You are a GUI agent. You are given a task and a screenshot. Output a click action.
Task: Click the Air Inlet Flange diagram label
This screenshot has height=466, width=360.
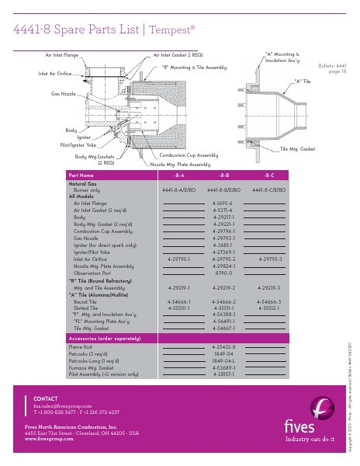pyautogui.click(x=61, y=55)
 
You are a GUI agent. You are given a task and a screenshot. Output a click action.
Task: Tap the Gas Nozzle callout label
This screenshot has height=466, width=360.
pyautogui.click(x=65, y=93)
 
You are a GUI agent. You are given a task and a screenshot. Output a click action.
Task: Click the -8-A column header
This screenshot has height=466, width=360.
pyautogui.click(x=178, y=176)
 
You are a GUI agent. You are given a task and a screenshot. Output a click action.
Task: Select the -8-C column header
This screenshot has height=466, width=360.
pyautogui.click(x=269, y=176)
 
